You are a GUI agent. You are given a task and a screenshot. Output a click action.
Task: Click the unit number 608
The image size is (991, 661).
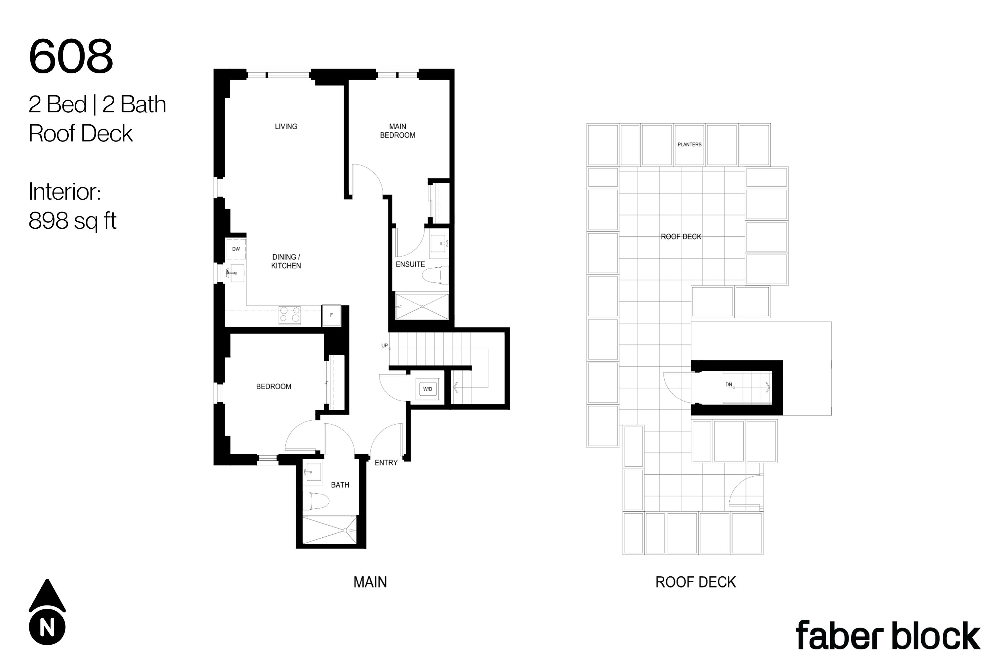tap(71, 56)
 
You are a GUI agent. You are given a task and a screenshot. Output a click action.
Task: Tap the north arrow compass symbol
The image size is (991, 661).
tap(47, 612)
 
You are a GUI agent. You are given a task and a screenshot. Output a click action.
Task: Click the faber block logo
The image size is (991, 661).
tap(888, 635)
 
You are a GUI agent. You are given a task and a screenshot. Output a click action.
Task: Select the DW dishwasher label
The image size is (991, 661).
tap(236, 249)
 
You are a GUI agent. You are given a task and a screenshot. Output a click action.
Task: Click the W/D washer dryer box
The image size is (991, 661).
tap(428, 389)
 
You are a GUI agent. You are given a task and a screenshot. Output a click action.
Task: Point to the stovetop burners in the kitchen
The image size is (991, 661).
tap(290, 315)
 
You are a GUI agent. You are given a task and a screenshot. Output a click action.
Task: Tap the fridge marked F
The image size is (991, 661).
tap(332, 315)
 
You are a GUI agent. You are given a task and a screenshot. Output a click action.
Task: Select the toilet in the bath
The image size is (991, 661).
tap(315, 501)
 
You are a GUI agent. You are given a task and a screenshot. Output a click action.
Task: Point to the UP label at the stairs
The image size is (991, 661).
tap(384, 346)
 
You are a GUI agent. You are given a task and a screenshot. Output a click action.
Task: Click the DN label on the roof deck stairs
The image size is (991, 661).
tap(728, 384)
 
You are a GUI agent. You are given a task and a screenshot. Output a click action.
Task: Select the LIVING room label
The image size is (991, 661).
tap(286, 127)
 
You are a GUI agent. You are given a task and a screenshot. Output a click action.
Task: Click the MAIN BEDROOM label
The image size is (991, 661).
tap(398, 131)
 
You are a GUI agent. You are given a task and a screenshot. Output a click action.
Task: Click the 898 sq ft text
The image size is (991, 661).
tap(72, 220)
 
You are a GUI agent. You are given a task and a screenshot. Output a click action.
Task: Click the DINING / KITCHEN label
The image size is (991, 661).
tap(286, 261)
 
